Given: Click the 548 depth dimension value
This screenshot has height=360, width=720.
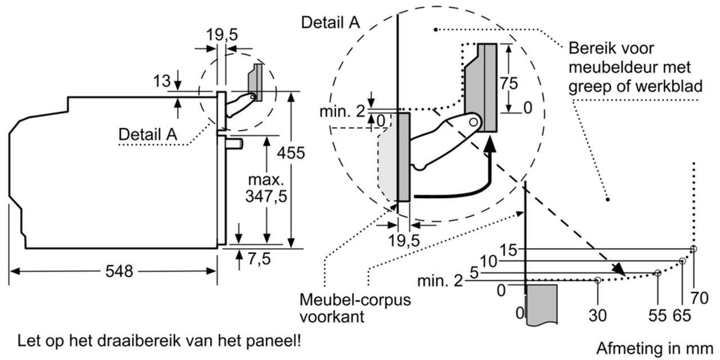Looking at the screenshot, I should pos(119,271).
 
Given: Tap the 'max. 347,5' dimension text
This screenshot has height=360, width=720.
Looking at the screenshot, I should pos(265,188).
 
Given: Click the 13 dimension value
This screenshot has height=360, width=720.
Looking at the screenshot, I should pos(162,82).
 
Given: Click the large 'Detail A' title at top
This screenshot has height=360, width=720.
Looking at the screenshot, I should pos(331,22).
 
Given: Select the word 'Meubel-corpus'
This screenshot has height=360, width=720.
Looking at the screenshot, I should pos(355,300).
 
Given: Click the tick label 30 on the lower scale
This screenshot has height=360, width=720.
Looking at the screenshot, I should pos(597,316).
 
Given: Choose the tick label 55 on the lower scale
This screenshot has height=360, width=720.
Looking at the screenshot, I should pos(657,316).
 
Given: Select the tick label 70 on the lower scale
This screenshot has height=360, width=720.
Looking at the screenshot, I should pos(699,298).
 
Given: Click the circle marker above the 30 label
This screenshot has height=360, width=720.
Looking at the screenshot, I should pos(597,280).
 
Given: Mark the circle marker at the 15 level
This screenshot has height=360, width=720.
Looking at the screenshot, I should pos(694,249).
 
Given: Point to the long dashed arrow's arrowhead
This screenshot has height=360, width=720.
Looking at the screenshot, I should pos(619,270).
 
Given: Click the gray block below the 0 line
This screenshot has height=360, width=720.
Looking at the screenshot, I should pos(541,304).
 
